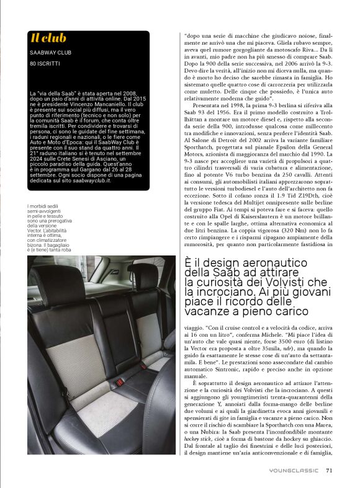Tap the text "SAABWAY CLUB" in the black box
49,51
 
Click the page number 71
330,470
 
